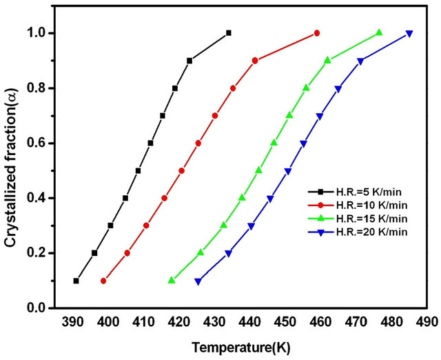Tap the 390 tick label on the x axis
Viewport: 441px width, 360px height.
click(72, 321)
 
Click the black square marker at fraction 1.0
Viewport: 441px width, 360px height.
click(229, 33)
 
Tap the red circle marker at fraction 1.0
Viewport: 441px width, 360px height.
click(317, 33)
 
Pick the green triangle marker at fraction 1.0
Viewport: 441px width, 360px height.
click(379, 32)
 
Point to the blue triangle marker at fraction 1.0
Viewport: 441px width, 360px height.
click(409, 34)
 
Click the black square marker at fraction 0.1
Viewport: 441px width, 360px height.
click(76, 281)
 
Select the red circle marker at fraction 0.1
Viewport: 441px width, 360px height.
click(103, 281)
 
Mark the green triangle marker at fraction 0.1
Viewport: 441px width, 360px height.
click(172, 280)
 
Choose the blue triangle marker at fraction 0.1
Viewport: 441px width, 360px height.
click(198, 281)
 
